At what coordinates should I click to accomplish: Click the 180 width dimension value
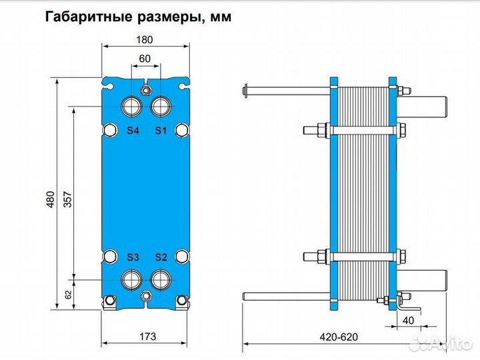coord(145,40)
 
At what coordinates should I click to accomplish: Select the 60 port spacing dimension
coord(145,59)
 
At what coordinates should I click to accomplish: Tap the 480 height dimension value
coord(51,199)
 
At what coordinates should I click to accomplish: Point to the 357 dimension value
coord(67,199)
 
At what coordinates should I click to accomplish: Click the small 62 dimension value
coord(68,295)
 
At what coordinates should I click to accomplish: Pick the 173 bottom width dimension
coord(147,337)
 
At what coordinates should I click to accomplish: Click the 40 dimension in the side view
coord(408,321)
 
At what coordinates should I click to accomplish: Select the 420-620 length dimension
coord(339,337)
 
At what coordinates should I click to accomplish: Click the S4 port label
coord(133,131)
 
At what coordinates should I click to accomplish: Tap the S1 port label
coord(161,131)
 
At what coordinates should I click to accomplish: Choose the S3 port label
coord(133,257)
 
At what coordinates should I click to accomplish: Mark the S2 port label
coord(161,257)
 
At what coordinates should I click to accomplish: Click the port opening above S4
coord(131,107)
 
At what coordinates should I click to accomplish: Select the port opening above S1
coord(161,107)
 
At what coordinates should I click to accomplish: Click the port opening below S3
coord(131,279)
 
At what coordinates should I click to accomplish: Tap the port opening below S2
coord(161,279)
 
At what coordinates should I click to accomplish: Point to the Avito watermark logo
coord(440,343)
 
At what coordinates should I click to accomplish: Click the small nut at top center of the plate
coord(146,91)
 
